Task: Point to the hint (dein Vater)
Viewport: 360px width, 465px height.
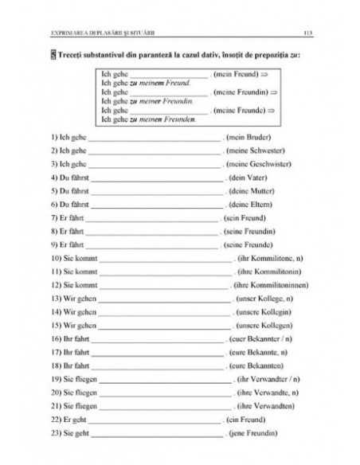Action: (x=244, y=176)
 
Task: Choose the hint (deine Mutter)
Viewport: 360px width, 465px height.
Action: (x=247, y=191)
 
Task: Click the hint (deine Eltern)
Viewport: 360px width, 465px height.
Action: (x=246, y=204)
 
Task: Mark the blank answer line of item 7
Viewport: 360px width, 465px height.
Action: (x=151, y=218)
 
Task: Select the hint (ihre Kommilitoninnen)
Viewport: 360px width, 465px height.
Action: (x=272, y=284)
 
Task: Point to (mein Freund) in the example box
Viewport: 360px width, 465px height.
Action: (x=240, y=74)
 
